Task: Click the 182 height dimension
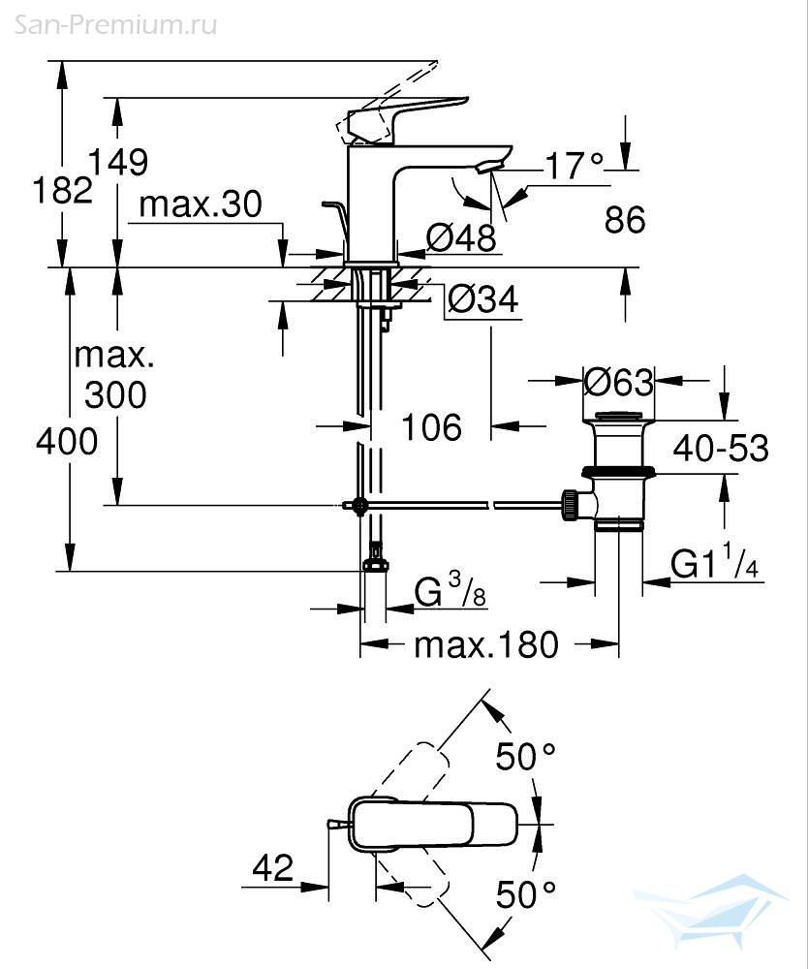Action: pos(62,189)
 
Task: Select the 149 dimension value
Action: pos(118,162)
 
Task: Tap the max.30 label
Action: pos(201,203)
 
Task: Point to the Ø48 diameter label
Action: pos(461,237)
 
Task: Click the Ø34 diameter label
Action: pos(483,299)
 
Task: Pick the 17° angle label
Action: pos(575,166)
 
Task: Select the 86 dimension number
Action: pos(625,219)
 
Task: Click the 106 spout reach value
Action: pos(432,427)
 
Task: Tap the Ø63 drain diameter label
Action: pos(618,382)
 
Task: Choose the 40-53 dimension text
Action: pos(721,448)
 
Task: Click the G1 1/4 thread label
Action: pos(715,561)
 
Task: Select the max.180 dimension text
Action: pos(486,644)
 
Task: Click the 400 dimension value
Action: pos(67,442)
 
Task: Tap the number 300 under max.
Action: pos(115,395)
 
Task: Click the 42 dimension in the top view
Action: pos(273,868)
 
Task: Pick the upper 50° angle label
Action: pos(526,757)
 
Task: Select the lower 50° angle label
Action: pos(526,894)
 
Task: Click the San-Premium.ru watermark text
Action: pos(115,25)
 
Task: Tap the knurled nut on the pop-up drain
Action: pos(570,505)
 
